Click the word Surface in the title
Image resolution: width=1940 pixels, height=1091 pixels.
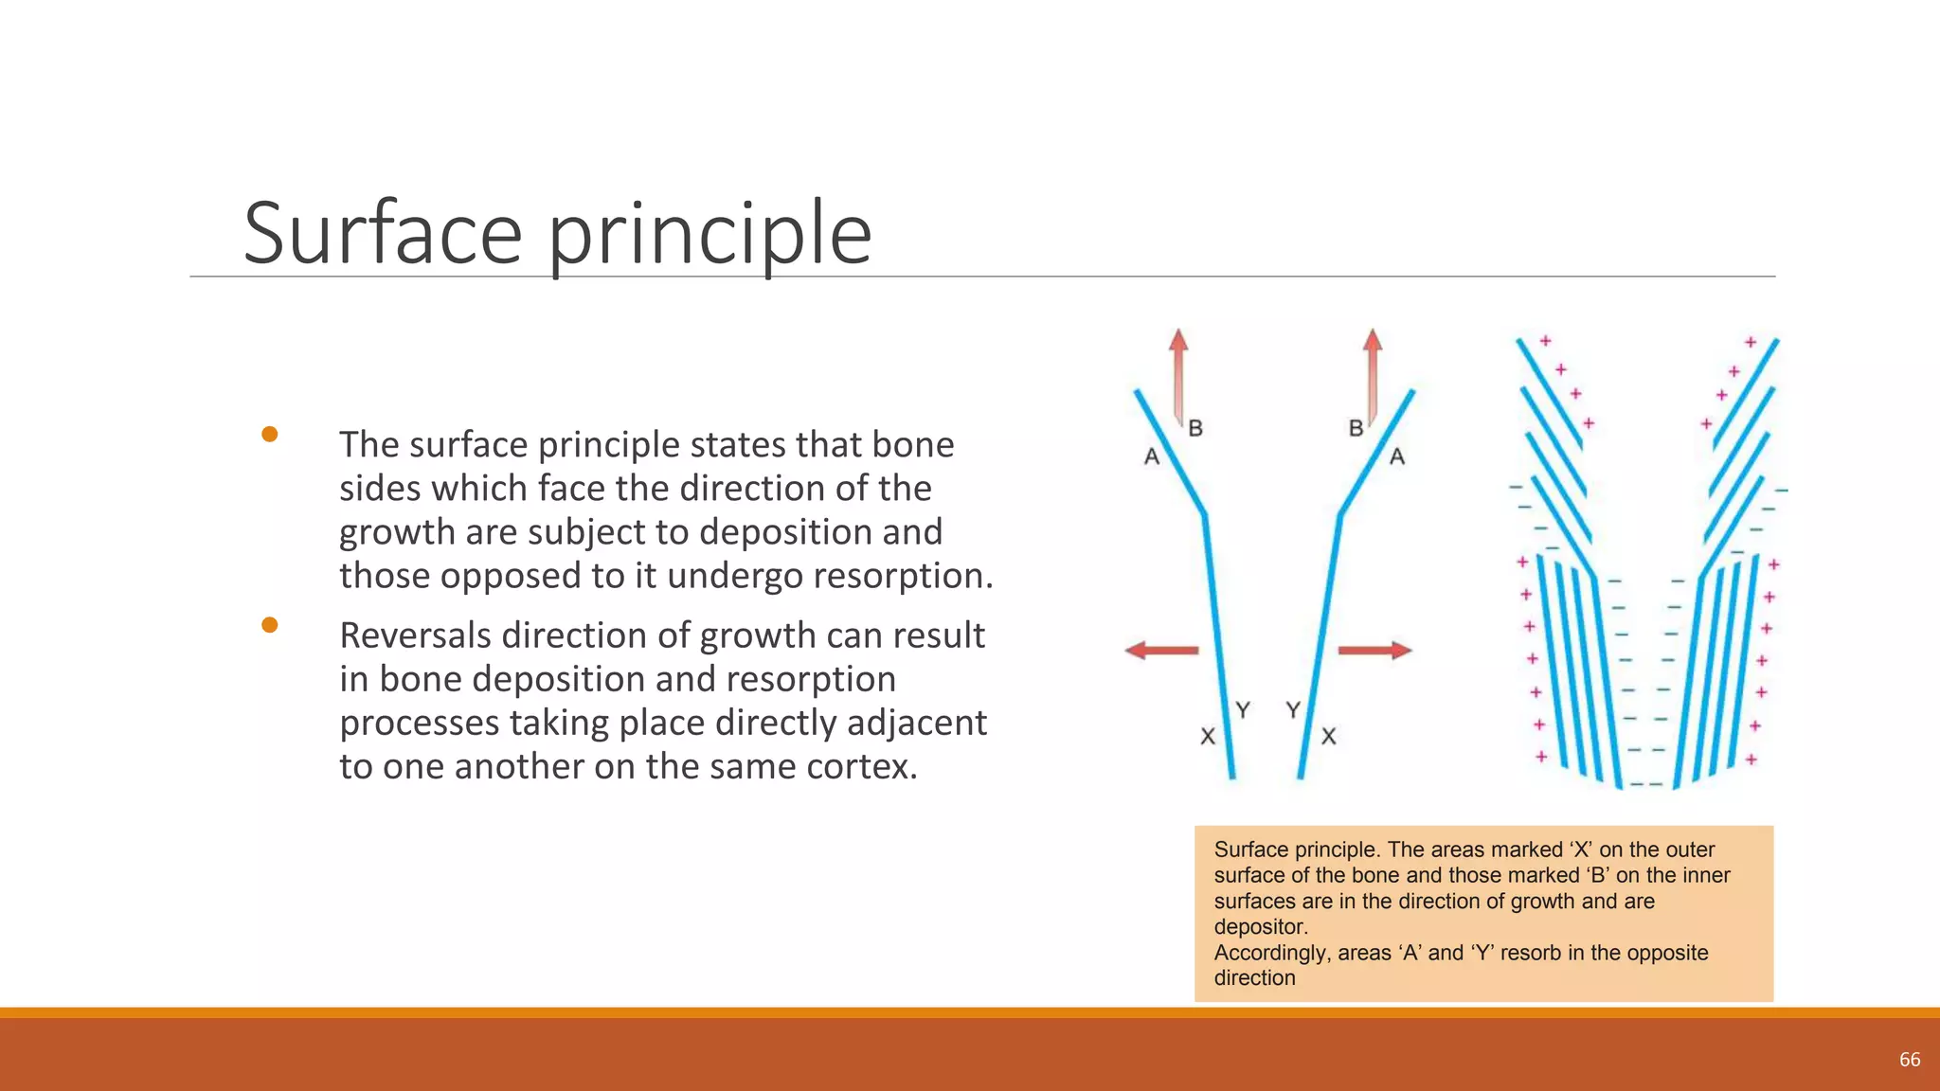(383, 233)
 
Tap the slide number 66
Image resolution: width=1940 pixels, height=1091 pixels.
(1910, 1060)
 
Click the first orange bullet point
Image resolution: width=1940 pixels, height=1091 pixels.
(270, 435)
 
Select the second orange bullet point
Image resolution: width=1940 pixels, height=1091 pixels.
(270, 625)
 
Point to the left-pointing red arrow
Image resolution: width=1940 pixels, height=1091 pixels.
(1161, 650)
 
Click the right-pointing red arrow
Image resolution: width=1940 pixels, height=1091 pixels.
(1374, 650)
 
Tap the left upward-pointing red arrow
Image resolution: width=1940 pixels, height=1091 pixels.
(1178, 374)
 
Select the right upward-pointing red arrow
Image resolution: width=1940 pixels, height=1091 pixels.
(1373, 374)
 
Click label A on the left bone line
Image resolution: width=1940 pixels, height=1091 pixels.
(1152, 456)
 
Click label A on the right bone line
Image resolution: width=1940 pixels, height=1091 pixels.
(1397, 456)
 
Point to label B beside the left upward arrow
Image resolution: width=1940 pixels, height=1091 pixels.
(1195, 428)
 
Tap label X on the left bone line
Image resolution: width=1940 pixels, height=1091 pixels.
(1208, 736)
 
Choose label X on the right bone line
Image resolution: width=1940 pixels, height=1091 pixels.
(1329, 736)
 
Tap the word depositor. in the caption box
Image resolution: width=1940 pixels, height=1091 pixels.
(1261, 927)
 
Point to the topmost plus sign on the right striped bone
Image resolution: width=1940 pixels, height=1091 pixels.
(1751, 342)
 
